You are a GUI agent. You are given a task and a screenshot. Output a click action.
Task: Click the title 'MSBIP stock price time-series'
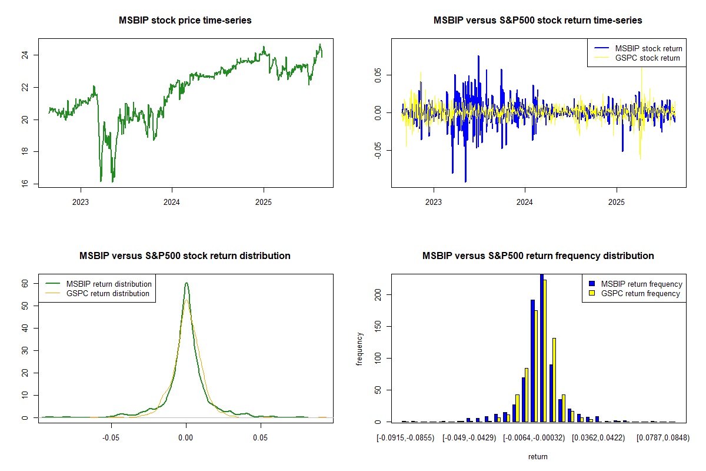pos(185,21)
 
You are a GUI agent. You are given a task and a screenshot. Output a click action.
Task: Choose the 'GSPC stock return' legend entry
pos(647,58)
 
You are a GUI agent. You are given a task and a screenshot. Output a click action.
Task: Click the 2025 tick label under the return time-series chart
pos(617,201)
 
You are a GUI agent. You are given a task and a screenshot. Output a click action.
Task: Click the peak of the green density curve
pos(186,283)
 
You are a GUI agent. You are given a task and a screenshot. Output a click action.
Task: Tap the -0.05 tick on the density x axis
pos(111,438)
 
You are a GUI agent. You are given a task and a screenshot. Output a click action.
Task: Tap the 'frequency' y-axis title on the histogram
pos(359,349)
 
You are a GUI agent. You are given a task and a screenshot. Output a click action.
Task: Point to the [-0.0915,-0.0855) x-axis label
pos(406,438)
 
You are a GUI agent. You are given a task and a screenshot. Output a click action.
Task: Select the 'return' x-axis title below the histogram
pos(538,456)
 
